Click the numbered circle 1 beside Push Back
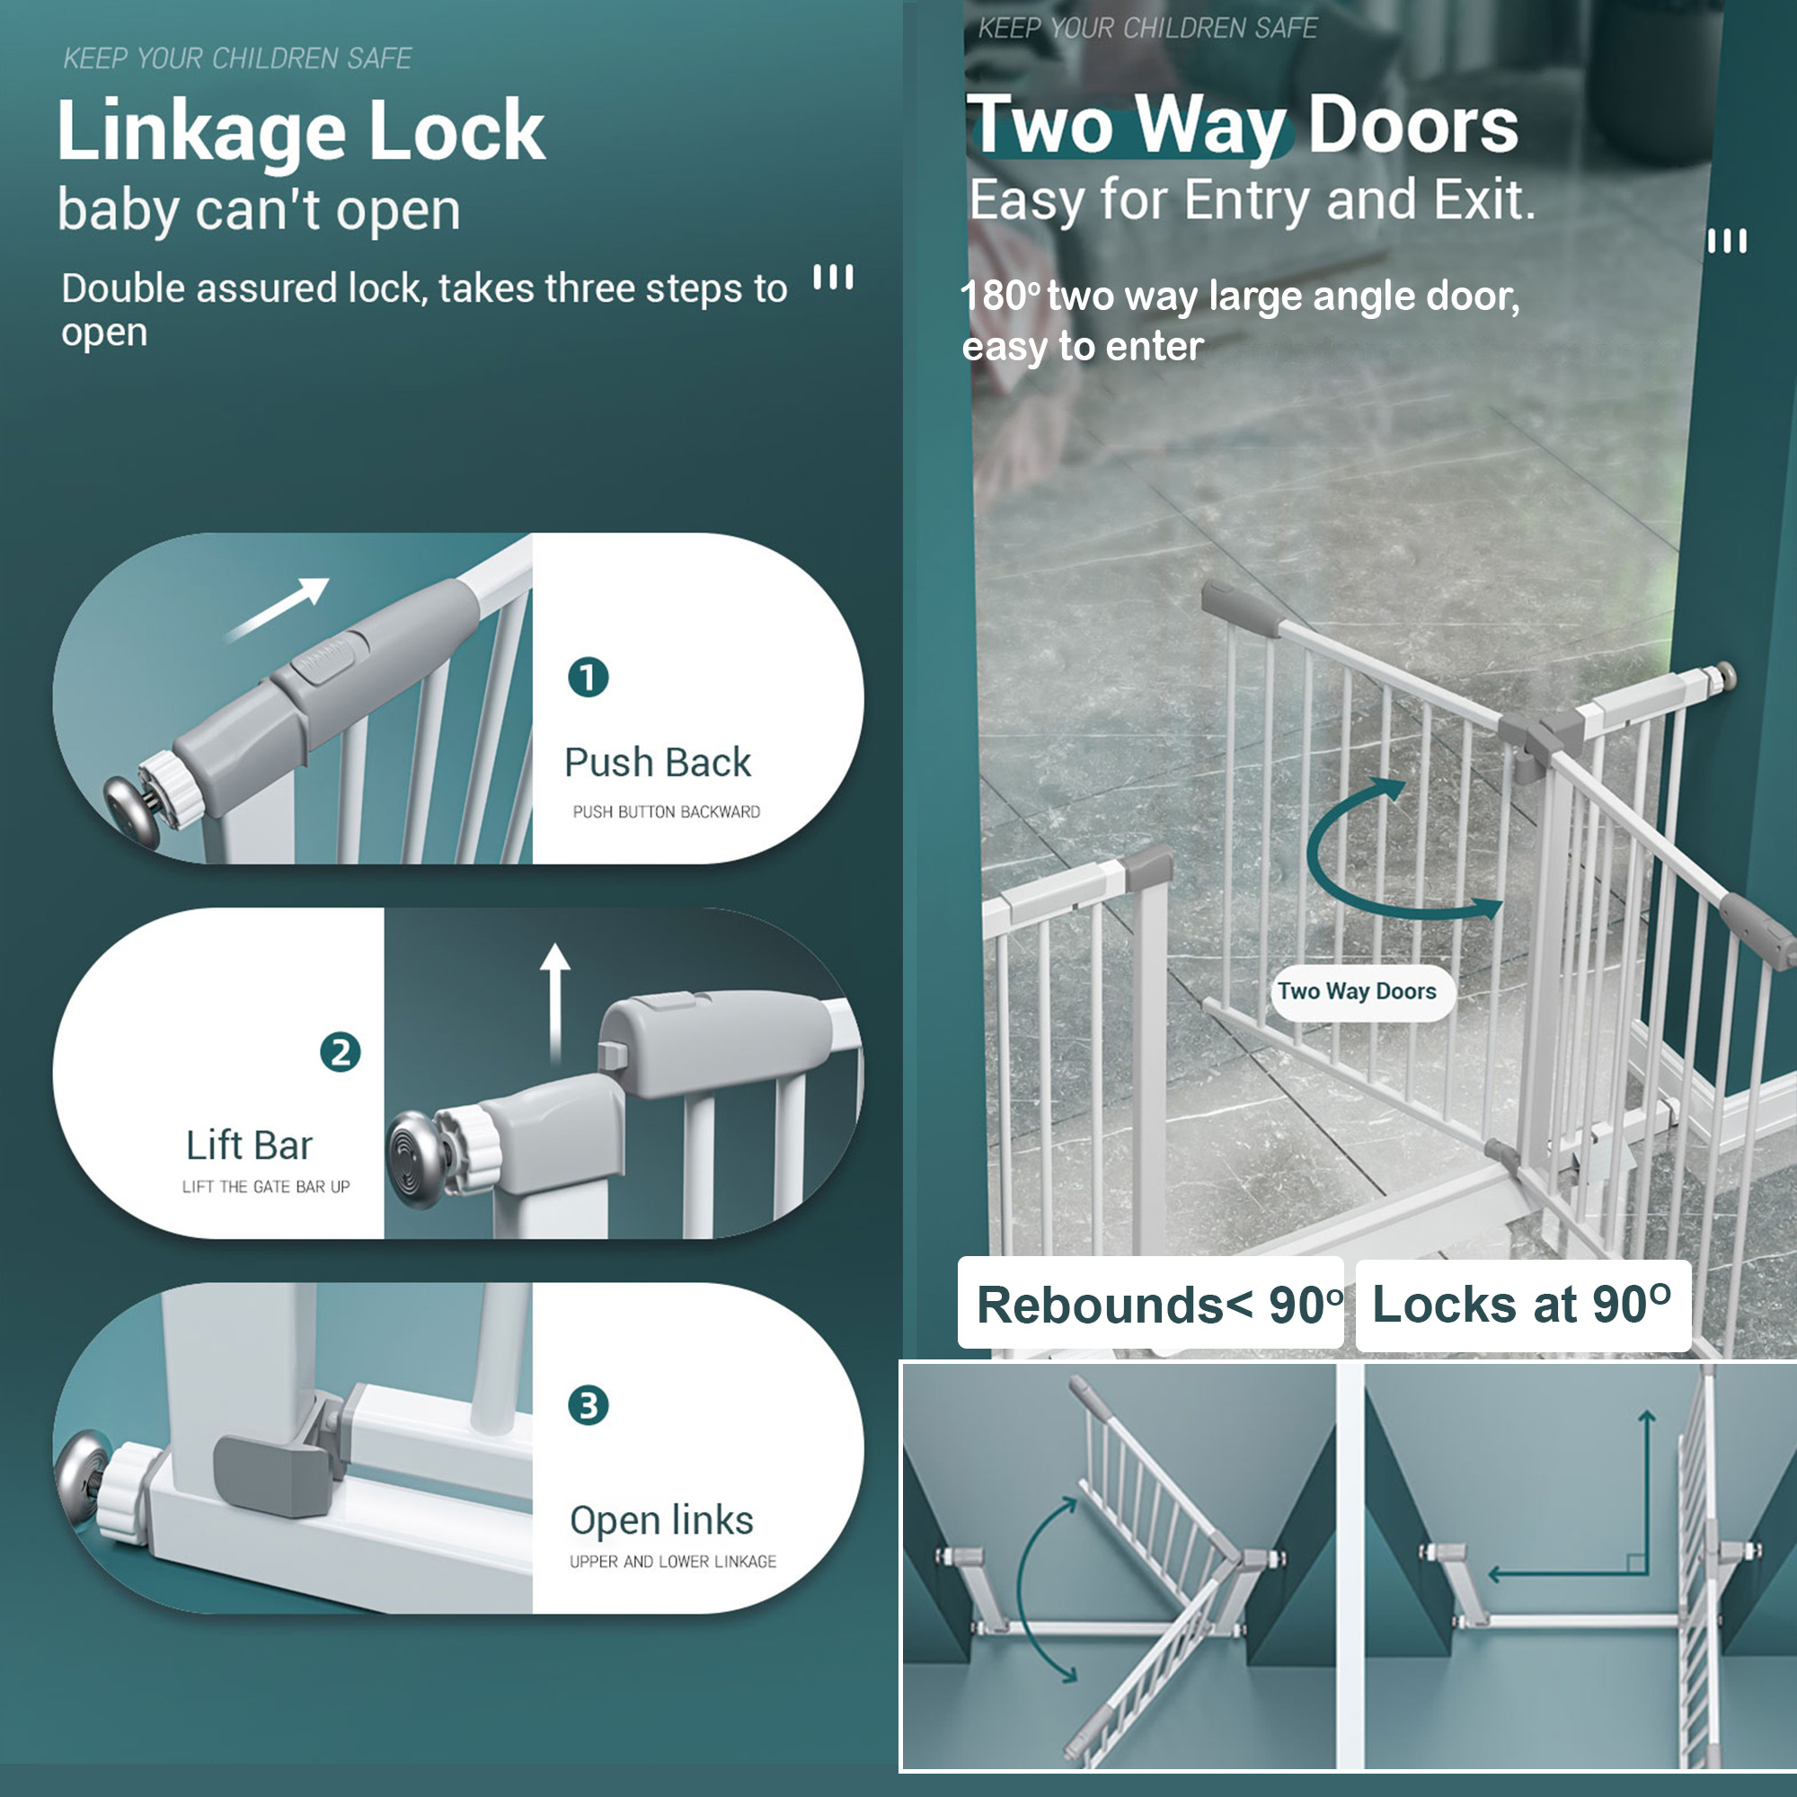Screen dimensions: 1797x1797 pos(588,678)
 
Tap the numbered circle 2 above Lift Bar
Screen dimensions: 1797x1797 pos(340,1053)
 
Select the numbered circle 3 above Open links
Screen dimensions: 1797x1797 pos(588,1405)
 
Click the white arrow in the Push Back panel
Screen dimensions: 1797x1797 pos(279,607)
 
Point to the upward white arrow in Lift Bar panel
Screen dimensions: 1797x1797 pos(555,1001)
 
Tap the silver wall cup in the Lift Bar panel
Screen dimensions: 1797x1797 pos(416,1158)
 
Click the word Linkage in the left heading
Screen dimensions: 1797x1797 pos(201,132)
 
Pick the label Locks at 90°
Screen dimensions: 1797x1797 pos(1522,1304)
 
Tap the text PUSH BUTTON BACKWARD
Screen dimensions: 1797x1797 pos(666,812)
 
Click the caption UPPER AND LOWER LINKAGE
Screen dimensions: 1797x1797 pos(672,1562)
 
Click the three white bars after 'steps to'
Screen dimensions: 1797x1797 pos(833,277)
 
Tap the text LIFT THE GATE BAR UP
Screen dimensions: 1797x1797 pos(266,1187)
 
